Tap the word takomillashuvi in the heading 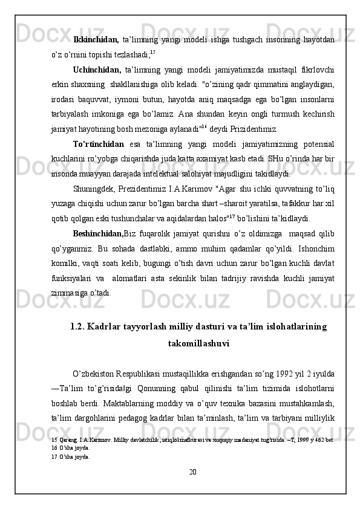(x=198, y=343)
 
